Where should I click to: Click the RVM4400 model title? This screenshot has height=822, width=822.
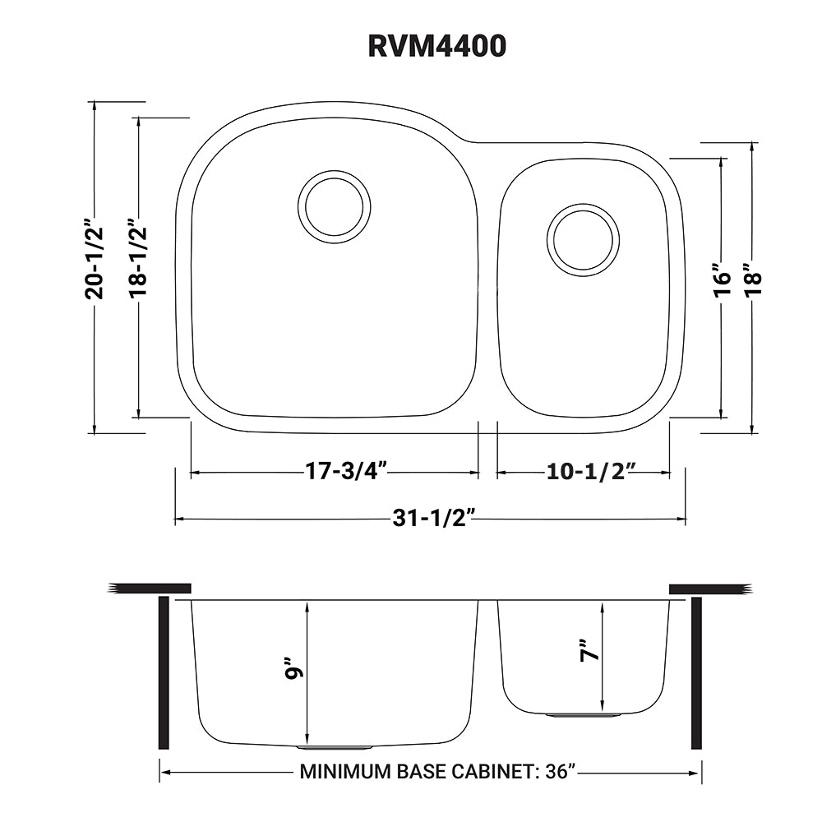point(436,47)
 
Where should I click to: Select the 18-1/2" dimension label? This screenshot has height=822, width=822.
point(138,257)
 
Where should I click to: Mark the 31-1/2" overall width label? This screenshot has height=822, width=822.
point(434,519)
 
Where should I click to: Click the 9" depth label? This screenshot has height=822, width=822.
point(292,668)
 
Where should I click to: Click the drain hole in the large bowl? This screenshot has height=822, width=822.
point(334,207)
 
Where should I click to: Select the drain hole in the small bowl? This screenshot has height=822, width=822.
point(583,238)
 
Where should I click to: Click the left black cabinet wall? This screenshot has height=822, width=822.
point(163,673)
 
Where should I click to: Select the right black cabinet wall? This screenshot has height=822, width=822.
point(696,673)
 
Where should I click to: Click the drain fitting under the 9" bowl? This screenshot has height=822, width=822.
point(335,748)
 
